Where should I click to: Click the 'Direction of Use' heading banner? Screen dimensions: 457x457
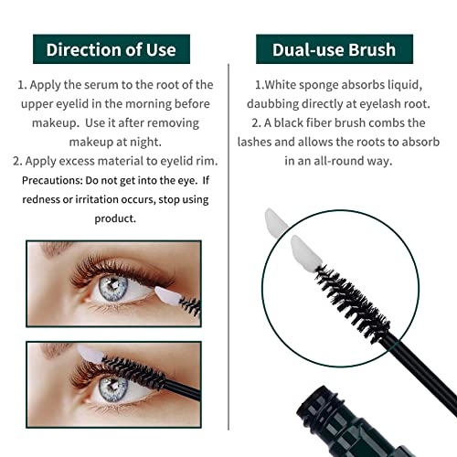click(111, 48)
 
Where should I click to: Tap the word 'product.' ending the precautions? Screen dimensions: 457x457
click(115, 218)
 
